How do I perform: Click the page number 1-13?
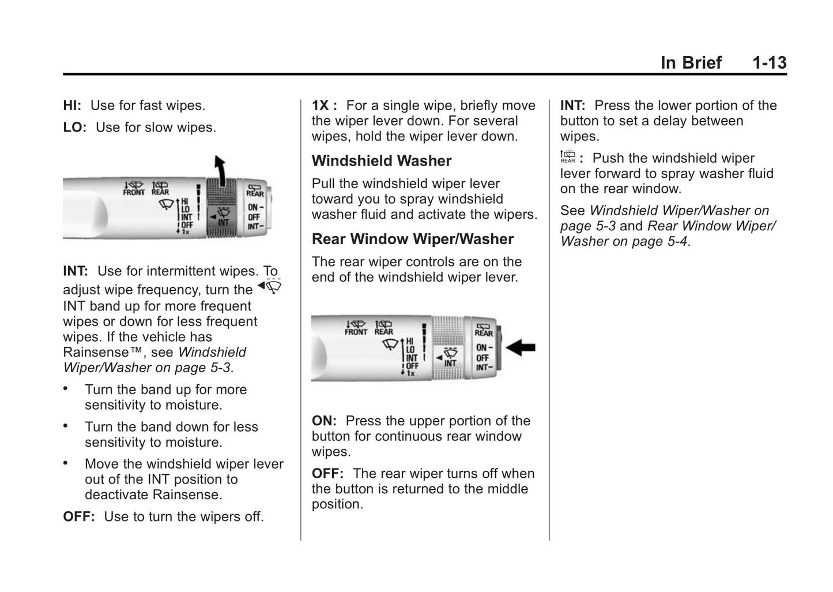(x=769, y=62)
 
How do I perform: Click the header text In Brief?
(x=691, y=62)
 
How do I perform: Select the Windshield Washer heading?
(x=382, y=161)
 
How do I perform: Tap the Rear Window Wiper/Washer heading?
(x=413, y=239)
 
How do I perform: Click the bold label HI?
(x=72, y=106)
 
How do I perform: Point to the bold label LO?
(x=74, y=128)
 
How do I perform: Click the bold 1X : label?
(x=324, y=106)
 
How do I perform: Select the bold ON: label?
(x=324, y=421)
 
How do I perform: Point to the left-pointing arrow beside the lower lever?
(x=521, y=347)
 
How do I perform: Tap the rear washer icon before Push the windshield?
(x=568, y=157)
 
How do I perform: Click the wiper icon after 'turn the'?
(x=270, y=286)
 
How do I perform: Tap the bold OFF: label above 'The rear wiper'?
(x=327, y=474)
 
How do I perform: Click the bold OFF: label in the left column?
(x=78, y=517)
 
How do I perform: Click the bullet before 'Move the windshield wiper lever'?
(x=66, y=463)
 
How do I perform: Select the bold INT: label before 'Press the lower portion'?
(x=572, y=106)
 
